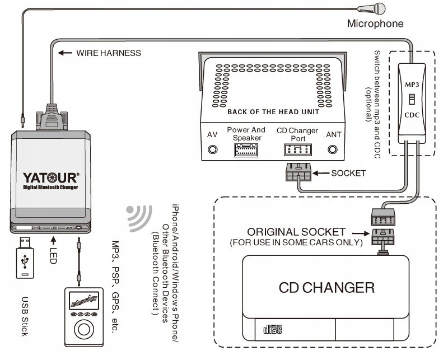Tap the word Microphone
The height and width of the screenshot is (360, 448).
pos(375,24)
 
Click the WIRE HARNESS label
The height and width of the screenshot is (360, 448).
pos(109,53)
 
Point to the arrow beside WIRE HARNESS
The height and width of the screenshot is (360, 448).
pos(66,53)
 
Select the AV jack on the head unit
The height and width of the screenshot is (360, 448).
pos(213,149)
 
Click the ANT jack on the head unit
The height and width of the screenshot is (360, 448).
pos(334,149)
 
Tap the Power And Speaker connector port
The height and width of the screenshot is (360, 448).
pos(246,150)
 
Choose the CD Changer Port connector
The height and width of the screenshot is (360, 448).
pos(298,150)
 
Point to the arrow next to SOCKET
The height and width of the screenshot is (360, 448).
pos(321,173)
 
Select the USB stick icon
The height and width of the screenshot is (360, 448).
pos(24,257)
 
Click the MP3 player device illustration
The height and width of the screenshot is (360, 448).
pos(82,317)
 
